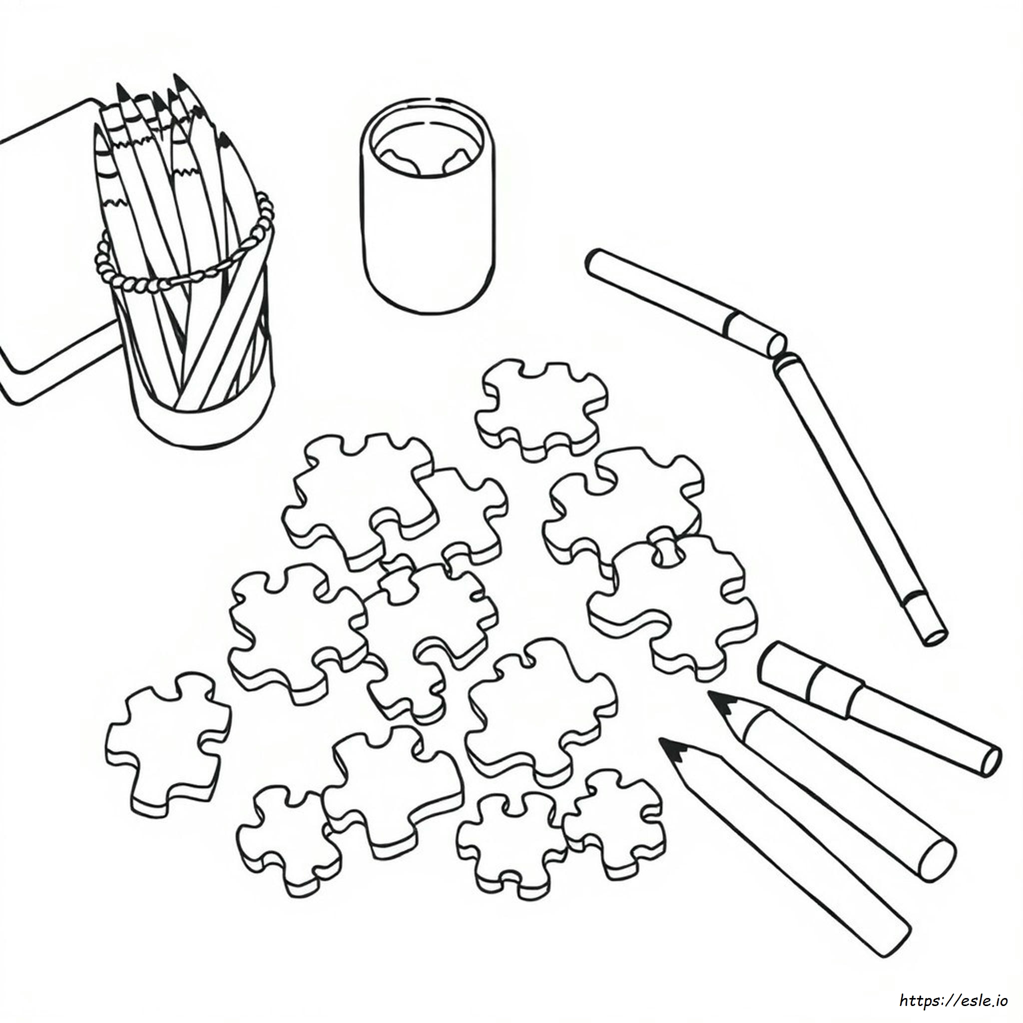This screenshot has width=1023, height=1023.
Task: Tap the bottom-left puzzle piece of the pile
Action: pyautogui.click(x=289, y=842)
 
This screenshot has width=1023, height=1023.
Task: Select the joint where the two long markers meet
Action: pyautogui.click(x=778, y=352)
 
